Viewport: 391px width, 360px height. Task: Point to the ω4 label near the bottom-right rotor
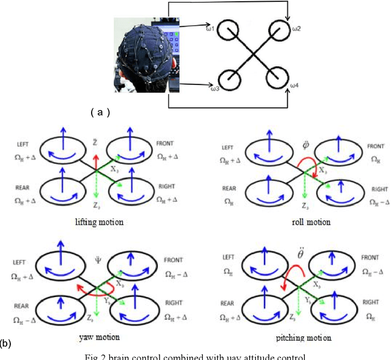(x=294, y=84)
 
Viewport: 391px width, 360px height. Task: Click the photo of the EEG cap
(x=147, y=52)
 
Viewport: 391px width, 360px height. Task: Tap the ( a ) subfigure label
(x=100, y=112)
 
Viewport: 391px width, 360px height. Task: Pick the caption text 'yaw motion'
(x=100, y=337)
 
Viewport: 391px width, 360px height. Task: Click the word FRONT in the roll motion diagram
(x=376, y=147)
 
